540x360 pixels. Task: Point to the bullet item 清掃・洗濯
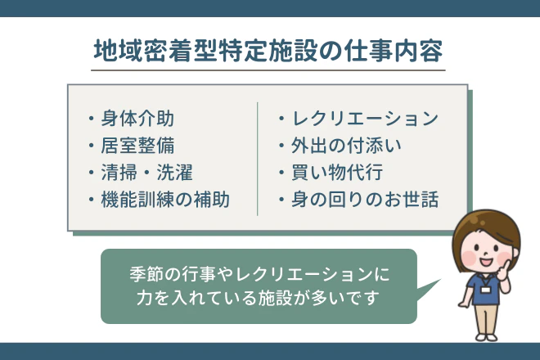[146, 173]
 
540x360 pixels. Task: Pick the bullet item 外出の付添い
[344, 146]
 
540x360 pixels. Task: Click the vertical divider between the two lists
[258, 159]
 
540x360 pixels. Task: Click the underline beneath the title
[269, 70]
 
